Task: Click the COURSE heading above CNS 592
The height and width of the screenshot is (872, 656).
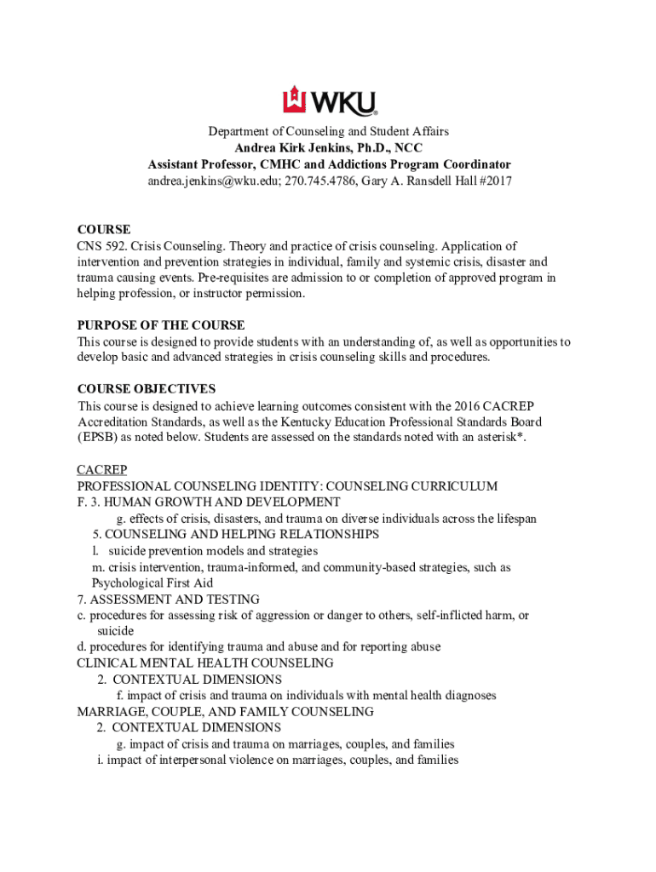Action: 104,230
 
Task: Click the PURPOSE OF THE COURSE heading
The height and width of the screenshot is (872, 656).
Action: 161,325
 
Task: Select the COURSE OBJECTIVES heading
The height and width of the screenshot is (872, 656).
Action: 147,389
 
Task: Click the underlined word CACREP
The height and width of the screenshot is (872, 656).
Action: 101,471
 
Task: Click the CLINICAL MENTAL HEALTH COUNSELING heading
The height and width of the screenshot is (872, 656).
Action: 204,663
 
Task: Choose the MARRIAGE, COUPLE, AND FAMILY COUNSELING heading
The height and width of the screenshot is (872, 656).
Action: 225,712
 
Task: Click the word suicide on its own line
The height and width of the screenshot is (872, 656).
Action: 115,631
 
